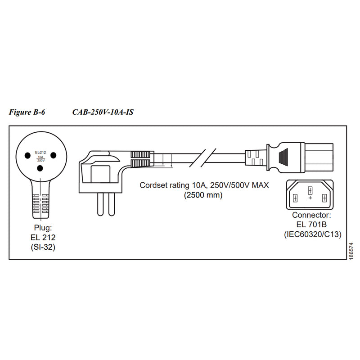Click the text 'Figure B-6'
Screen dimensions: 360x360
point(27,112)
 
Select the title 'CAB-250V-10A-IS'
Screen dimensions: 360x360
point(102,112)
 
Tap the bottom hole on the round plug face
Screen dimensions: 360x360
point(40,168)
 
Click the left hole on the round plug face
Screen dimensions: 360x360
point(27,155)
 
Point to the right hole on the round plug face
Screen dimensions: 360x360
point(54,155)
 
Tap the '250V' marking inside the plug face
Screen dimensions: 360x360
point(40,161)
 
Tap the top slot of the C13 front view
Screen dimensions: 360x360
point(310,189)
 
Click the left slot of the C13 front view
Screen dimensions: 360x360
point(296,198)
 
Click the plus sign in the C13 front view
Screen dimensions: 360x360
point(310,198)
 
